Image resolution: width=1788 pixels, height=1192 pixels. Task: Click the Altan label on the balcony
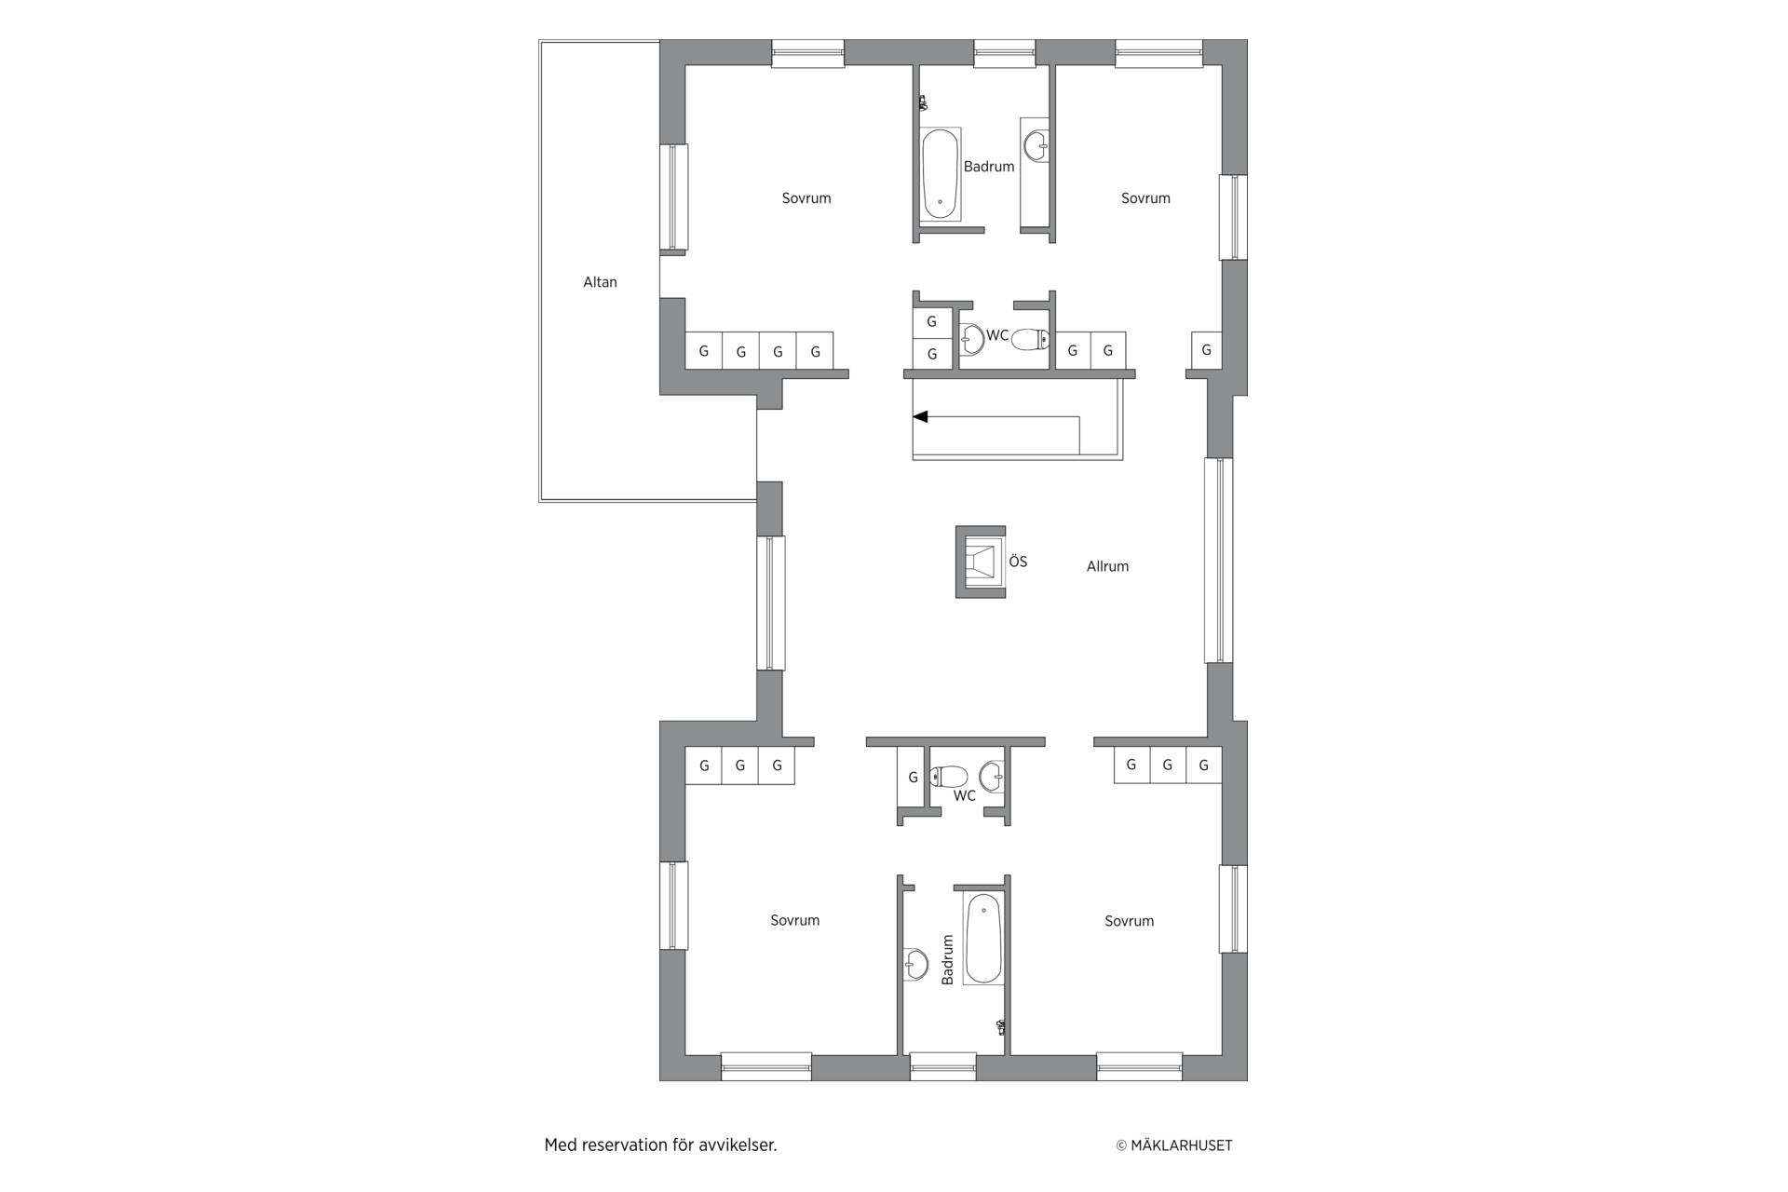click(600, 282)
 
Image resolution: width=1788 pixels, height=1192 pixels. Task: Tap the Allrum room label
click(1107, 566)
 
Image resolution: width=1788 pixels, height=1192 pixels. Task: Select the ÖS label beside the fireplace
click(1018, 562)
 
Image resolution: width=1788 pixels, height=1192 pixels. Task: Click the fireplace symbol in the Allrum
click(981, 562)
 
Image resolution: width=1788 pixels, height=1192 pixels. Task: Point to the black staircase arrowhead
click(920, 417)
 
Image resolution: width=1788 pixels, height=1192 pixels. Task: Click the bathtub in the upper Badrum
click(941, 174)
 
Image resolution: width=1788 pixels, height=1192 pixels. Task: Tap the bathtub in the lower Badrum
click(983, 939)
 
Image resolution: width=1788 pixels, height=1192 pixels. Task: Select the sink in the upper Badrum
click(1036, 145)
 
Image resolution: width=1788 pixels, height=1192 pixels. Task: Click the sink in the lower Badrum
click(915, 965)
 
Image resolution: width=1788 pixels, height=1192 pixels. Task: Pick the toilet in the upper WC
click(1030, 339)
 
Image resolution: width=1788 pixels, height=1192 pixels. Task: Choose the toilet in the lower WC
click(950, 776)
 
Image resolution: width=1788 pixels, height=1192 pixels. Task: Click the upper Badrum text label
click(989, 167)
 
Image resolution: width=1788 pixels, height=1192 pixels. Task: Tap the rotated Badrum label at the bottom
click(948, 960)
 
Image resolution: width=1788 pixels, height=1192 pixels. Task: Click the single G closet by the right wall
click(1207, 350)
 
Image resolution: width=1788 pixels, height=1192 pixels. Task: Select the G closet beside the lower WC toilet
click(913, 777)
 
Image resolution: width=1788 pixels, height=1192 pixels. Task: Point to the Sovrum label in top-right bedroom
click(1145, 198)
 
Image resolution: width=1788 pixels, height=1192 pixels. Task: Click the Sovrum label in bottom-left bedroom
click(795, 920)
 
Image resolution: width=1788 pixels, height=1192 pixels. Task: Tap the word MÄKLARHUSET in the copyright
click(1181, 1145)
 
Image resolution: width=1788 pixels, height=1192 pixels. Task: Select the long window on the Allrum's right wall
click(1219, 560)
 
